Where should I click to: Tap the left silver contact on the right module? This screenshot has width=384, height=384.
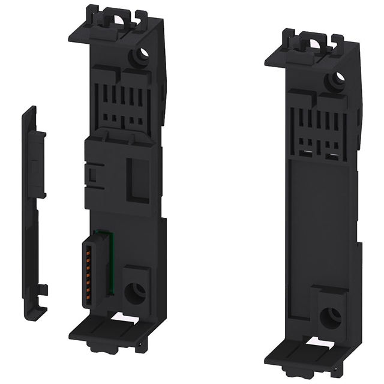pos(307,154)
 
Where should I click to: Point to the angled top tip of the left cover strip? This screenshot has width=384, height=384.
pos(31,111)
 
